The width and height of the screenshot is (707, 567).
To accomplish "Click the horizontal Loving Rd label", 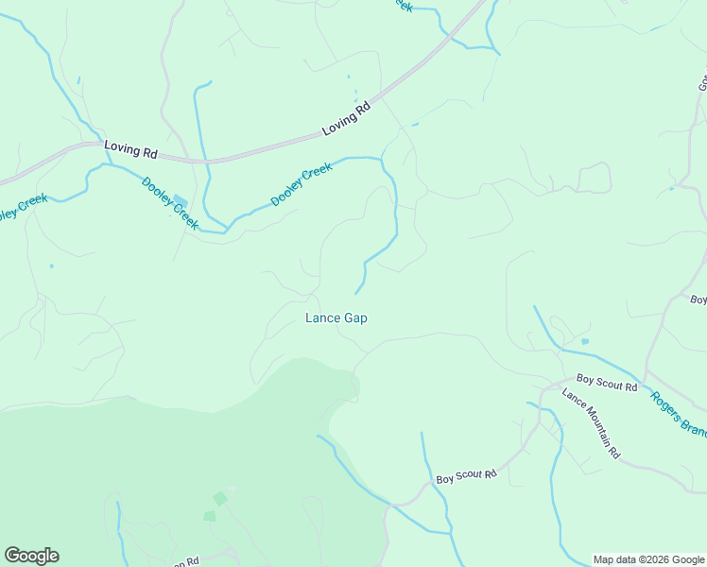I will (x=130, y=149).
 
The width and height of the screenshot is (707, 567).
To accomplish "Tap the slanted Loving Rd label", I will (x=347, y=118).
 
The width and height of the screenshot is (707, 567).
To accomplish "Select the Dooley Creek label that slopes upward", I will (x=302, y=185).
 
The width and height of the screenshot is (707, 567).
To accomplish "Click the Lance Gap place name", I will (x=336, y=318).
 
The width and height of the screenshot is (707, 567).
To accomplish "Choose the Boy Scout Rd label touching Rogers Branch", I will (x=607, y=383).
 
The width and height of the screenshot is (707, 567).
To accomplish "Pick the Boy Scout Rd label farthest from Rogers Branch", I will (x=466, y=476).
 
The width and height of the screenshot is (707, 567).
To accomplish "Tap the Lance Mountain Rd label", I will (x=591, y=423).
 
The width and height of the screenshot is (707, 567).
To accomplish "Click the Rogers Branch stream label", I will (x=679, y=414).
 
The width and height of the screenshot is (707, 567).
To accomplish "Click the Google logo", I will (x=31, y=556).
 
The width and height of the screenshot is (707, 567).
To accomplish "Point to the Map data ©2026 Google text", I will (x=648, y=559).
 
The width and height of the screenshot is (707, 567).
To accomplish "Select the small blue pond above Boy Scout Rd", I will (x=585, y=341).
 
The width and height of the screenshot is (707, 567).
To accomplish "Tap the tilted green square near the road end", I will (x=220, y=498).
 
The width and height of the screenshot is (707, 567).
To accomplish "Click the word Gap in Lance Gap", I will (x=354, y=318).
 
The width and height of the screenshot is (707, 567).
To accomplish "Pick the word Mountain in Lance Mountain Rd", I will (x=590, y=422).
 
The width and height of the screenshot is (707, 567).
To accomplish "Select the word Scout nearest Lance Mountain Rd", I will (x=603, y=382).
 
